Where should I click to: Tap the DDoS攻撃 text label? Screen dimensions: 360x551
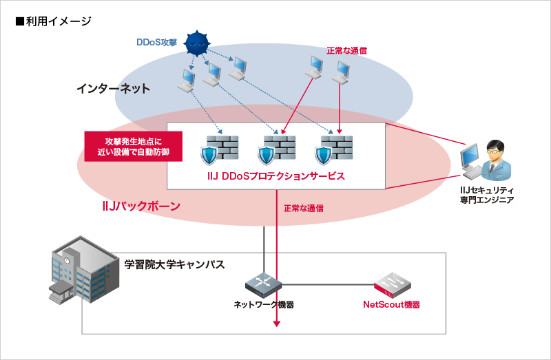(x=156, y=42)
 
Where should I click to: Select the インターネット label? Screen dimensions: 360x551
(x=114, y=89)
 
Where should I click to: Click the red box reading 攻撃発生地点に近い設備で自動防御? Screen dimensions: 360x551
(x=133, y=146)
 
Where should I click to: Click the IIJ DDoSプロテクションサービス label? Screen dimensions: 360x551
(x=275, y=176)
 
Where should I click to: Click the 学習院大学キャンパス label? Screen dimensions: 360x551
(x=175, y=264)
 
